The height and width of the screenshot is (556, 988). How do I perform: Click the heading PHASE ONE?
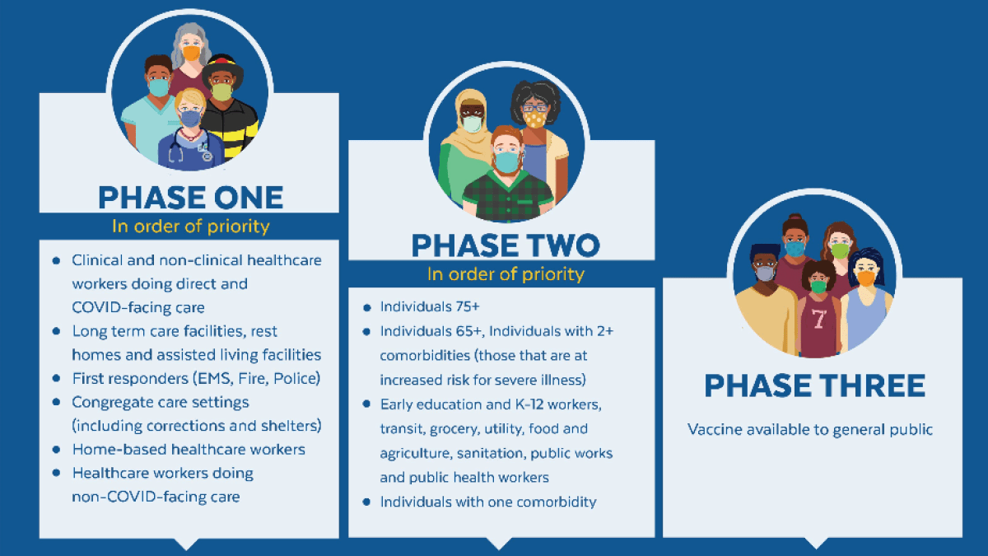coord(190,197)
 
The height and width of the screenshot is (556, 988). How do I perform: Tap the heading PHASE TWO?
coord(506,245)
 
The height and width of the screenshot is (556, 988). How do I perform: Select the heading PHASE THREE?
coord(814,385)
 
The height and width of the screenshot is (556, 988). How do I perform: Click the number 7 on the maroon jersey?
coord(818,318)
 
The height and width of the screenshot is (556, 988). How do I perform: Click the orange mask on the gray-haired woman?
coord(191,53)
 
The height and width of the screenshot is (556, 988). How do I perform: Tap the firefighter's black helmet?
coord(223,68)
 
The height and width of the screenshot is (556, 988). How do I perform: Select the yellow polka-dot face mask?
coord(534,119)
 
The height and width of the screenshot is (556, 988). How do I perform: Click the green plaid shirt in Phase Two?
coord(507,197)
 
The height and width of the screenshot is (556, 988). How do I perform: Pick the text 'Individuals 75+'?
coord(429,306)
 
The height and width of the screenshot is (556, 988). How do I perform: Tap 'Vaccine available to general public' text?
coord(810,430)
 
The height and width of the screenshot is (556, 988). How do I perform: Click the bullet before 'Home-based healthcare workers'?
coord(56,450)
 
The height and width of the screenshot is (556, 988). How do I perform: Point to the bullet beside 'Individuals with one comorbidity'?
coord(366,502)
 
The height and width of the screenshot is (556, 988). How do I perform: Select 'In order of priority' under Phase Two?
coord(506,274)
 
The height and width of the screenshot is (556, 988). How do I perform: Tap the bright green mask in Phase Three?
coord(840,250)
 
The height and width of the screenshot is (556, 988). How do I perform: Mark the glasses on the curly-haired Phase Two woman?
coord(534,107)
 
